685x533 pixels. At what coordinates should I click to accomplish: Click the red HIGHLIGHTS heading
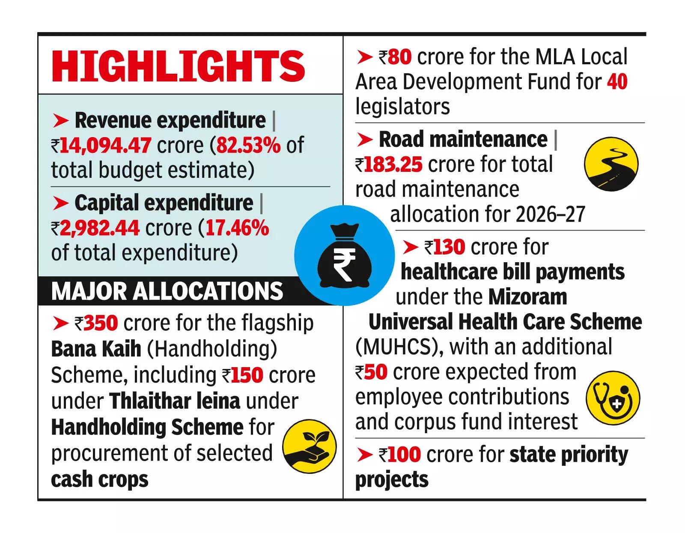[x=178, y=66]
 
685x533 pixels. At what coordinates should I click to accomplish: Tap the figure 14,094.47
[x=105, y=145]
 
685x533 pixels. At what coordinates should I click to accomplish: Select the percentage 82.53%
[x=248, y=145]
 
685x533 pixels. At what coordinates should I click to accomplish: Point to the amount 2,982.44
[x=99, y=228]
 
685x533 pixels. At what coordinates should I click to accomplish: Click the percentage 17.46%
[x=237, y=228]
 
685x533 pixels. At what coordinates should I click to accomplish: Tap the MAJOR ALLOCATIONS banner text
[x=167, y=291]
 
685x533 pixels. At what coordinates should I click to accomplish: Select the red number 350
[x=101, y=323]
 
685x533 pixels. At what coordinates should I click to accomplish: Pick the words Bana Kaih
[x=96, y=349]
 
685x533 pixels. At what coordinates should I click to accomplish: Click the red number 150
[x=247, y=375]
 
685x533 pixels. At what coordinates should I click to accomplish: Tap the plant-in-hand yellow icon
[x=310, y=446]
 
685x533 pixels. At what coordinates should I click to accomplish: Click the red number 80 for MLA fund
[x=399, y=57]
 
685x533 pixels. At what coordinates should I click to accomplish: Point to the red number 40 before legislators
[x=617, y=81]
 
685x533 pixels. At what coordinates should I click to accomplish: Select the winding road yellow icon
[x=611, y=164]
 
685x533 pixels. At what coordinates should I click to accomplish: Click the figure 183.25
[x=393, y=165]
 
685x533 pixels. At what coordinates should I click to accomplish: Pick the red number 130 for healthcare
[x=449, y=247]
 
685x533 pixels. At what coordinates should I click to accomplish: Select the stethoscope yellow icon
[x=613, y=398]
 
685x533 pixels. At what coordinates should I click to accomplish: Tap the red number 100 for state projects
[x=404, y=454]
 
